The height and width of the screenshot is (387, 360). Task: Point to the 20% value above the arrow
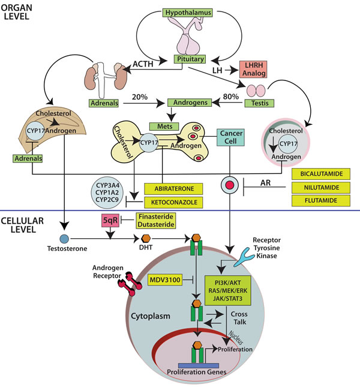tap(140, 96)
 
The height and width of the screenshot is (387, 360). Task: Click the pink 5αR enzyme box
tap(111, 221)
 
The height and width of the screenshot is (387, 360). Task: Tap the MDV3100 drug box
tap(165, 280)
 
